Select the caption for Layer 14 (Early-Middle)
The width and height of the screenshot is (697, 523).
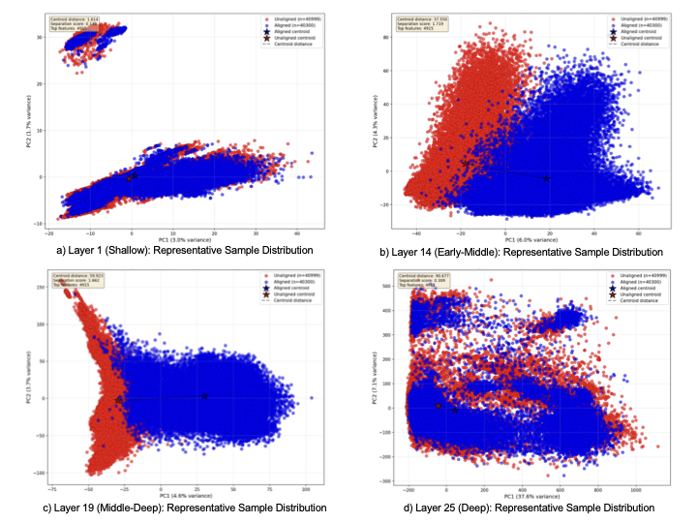(522, 252)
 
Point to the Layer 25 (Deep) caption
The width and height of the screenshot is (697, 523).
(522, 508)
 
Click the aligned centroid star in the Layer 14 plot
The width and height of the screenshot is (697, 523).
(546, 179)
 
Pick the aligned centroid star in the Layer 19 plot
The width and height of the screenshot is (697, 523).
(204, 396)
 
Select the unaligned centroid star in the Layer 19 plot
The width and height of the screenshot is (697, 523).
(119, 399)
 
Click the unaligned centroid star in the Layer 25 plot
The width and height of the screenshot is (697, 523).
(438, 406)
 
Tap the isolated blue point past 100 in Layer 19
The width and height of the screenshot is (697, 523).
(311, 398)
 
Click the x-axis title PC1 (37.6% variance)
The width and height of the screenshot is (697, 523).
(522, 494)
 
